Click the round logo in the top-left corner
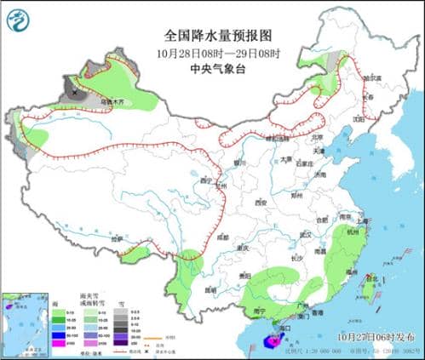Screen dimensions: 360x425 tap(17, 17)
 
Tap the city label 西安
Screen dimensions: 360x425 tap(259, 203)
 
